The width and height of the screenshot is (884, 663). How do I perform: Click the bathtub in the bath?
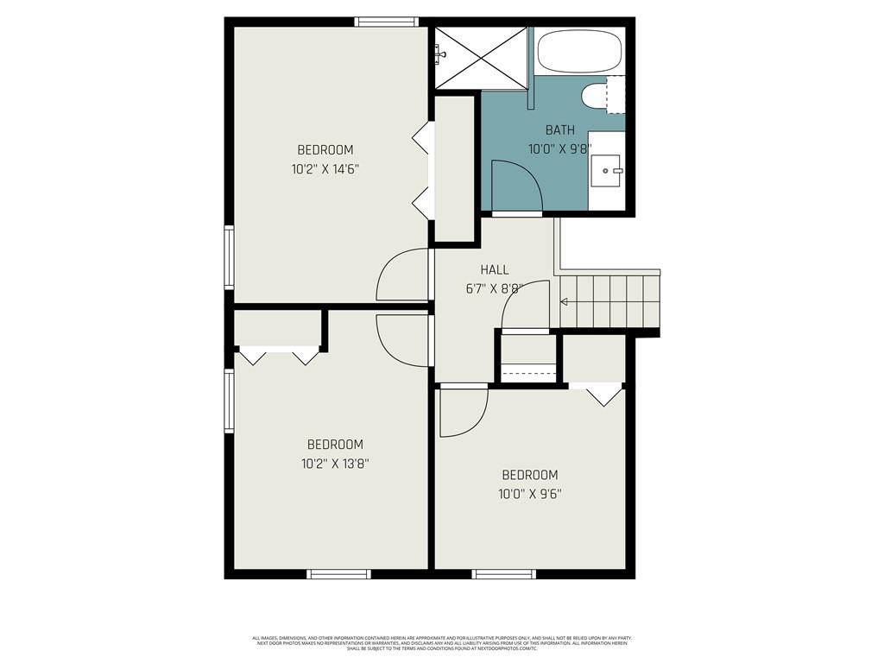(x=580, y=51)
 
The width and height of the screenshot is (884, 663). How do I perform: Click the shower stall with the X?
(x=481, y=57)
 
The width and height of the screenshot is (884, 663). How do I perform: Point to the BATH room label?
(x=559, y=130)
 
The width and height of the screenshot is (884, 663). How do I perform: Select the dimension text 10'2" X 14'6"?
(x=325, y=169)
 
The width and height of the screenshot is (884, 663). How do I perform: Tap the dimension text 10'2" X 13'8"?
(x=335, y=464)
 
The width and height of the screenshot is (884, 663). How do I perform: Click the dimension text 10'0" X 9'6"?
(x=530, y=495)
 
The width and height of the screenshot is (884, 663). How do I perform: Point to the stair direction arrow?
(x=565, y=302)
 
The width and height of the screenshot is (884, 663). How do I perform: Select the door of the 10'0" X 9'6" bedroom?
(x=462, y=412)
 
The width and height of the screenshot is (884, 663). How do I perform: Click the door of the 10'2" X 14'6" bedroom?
(x=402, y=275)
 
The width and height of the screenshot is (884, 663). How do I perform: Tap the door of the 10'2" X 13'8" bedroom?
(x=402, y=339)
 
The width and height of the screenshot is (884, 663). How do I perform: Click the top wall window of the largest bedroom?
(x=387, y=22)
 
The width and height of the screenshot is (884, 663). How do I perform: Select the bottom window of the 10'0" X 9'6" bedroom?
(x=504, y=573)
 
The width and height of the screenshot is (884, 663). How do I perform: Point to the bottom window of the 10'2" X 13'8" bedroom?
(x=339, y=573)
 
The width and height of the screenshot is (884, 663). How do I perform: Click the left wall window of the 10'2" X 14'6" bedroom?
(x=229, y=256)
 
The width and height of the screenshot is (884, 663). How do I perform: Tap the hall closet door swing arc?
(x=526, y=305)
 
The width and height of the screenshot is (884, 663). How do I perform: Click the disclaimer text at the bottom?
(x=442, y=643)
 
